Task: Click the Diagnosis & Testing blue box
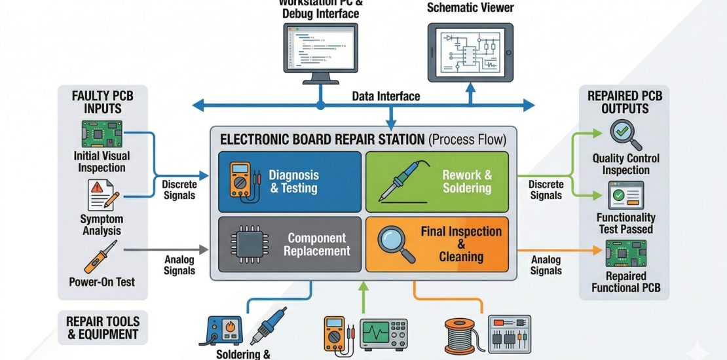click(289, 181)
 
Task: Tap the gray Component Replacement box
click(289, 243)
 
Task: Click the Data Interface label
click(386, 96)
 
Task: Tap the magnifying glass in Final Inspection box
click(397, 243)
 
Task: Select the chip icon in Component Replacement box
click(244, 245)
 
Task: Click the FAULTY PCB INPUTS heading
click(102, 102)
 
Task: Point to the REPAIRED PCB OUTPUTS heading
click(625, 102)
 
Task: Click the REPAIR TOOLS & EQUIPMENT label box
click(102, 327)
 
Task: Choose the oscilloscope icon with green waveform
click(383, 334)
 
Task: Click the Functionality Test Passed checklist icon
click(625, 196)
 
